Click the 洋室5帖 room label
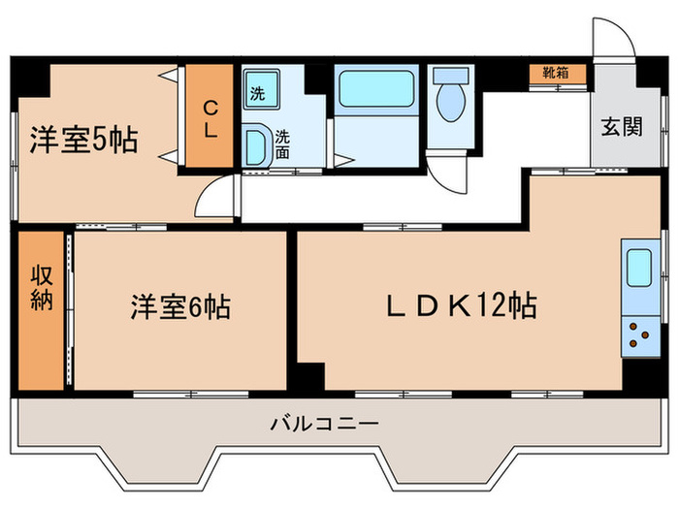pos(81,141)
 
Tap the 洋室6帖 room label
pos(181,308)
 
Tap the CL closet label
pos(210,118)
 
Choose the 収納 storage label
pos(39,287)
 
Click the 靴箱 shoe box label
pos(556,72)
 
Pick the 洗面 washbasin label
pos(281,144)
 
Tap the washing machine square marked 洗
pos(259,94)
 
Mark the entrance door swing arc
pos(614,40)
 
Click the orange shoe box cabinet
pos(556,73)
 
